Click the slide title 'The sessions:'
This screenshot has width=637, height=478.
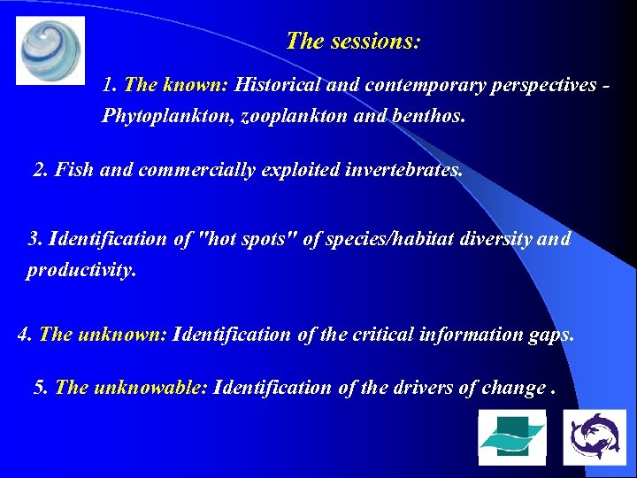(353, 42)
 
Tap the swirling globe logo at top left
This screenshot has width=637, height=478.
(50, 50)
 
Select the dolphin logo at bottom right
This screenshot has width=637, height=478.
(595, 436)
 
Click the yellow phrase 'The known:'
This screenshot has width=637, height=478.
(176, 86)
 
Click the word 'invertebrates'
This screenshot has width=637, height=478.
(407, 170)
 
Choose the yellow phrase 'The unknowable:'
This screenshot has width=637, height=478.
(131, 388)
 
